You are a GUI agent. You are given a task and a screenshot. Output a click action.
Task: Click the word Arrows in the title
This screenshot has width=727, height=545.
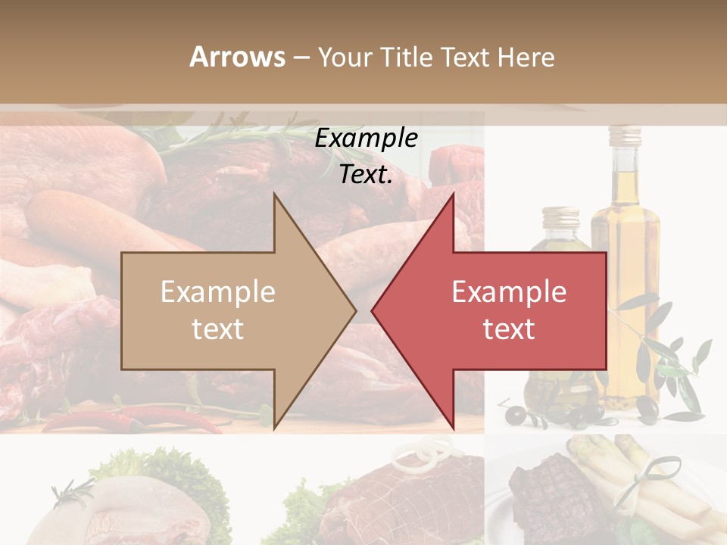point(237,58)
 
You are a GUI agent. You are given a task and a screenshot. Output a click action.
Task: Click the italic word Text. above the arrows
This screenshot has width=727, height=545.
point(366,175)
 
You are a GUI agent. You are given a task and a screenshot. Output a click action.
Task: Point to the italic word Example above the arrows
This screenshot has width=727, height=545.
point(366,139)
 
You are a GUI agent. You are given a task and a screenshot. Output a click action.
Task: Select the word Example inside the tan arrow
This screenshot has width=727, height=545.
point(218,292)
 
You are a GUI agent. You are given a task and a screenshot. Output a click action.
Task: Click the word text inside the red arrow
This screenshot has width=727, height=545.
point(509,329)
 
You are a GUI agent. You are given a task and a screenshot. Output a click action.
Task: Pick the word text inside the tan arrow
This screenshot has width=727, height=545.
point(218,329)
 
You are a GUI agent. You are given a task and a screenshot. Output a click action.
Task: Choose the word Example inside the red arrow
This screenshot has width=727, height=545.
point(509,292)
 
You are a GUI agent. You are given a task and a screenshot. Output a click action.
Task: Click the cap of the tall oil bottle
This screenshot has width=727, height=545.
point(626,136)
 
